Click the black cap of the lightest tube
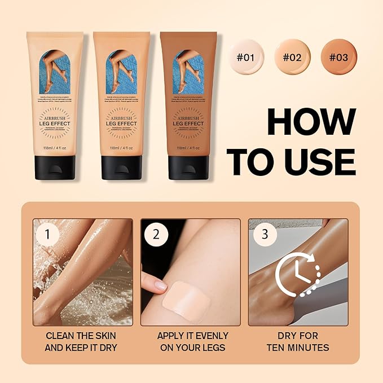[55, 167]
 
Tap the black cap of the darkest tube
[188, 167]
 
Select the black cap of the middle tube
[121, 167]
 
